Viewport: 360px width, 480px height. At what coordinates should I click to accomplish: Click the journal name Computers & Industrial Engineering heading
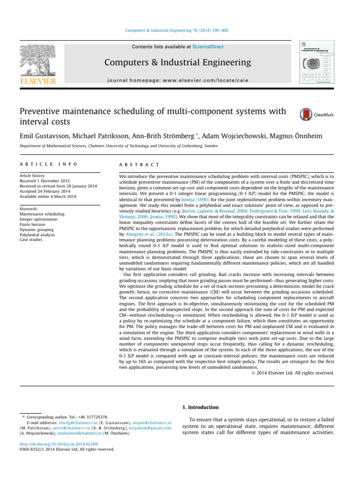[178, 62]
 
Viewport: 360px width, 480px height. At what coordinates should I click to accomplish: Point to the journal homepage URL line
[178, 79]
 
